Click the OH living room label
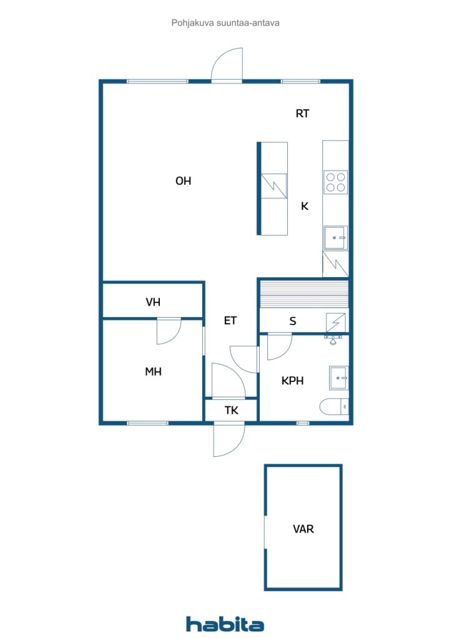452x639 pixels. (x=183, y=180)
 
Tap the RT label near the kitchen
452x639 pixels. (x=302, y=114)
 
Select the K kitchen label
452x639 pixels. (x=305, y=206)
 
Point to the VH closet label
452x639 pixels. (x=153, y=302)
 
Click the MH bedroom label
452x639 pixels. (x=153, y=371)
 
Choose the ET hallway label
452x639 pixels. (x=230, y=321)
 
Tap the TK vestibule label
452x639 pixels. (x=231, y=410)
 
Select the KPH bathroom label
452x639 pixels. (x=293, y=381)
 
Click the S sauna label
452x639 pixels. (x=293, y=321)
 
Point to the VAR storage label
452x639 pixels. (x=303, y=529)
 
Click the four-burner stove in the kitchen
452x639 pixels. (x=336, y=182)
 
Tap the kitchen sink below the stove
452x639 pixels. (x=336, y=238)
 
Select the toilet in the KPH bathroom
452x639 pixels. (x=334, y=407)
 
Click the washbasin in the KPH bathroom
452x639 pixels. (x=339, y=378)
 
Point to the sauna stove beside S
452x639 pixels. (x=336, y=323)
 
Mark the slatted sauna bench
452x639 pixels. (x=304, y=295)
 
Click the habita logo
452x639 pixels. (x=225, y=624)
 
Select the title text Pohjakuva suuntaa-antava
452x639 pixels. (x=225, y=23)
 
